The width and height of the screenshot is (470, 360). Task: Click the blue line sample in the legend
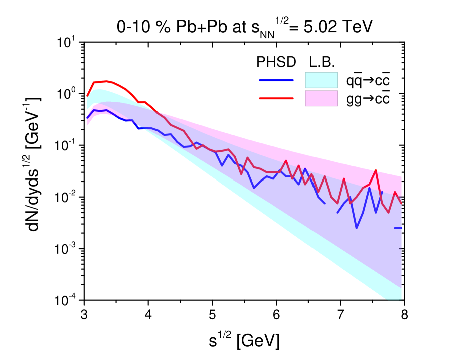(x=276, y=80)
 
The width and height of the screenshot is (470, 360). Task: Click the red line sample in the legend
(x=276, y=99)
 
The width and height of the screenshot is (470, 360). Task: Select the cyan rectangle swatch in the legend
(x=321, y=80)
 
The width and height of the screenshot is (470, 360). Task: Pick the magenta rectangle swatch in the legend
(x=321, y=98)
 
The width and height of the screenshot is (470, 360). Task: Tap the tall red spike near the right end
(x=376, y=170)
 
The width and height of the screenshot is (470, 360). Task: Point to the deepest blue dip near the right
(x=357, y=228)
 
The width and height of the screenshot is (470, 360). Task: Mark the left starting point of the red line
(x=87, y=96)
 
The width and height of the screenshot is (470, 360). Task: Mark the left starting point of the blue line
(x=87, y=118)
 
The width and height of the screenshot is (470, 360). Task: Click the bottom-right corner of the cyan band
(x=400, y=298)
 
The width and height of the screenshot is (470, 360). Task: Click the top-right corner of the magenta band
(x=401, y=177)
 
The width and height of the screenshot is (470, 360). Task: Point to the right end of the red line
(x=401, y=203)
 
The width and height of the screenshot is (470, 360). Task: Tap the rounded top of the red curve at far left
(x=106, y=81)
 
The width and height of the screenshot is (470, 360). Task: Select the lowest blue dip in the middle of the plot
(x=254, y=188)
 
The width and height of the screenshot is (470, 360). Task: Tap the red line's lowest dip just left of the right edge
(x=388, y=212)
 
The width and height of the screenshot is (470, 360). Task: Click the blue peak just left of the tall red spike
(x=369, y=188)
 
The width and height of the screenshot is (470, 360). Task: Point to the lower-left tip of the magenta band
(x=88, y=124)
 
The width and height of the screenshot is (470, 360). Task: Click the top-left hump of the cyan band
(x=98, y=90)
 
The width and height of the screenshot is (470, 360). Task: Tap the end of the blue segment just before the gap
(x=324, y=203)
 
